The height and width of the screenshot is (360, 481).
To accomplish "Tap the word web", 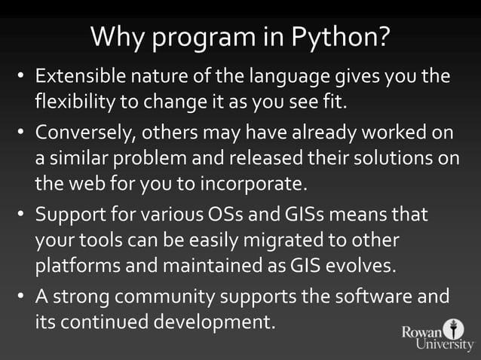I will click(84, 183).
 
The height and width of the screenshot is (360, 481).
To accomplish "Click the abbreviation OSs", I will click(224, 215).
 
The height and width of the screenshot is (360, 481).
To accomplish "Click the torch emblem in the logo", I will click(452, 329).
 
